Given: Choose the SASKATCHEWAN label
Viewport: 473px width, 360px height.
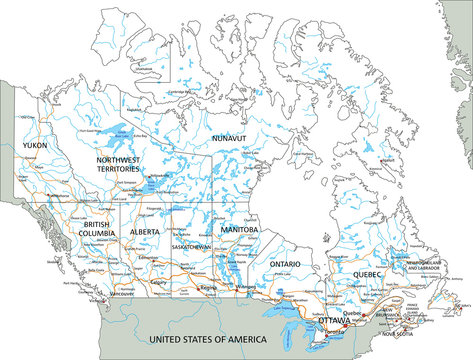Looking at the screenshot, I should pyautogui.click(x=190, y=245).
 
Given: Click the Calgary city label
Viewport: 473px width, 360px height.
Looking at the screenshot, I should pyautogui.click(x=157, y=281).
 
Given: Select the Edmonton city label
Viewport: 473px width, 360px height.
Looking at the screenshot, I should pyautogui.click(x=161, y=256).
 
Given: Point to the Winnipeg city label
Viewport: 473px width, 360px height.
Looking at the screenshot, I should pyautogui.click(x=246, y=290).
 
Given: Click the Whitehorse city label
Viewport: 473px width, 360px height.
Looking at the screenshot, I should pyautogui.click(x=57, y=194).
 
